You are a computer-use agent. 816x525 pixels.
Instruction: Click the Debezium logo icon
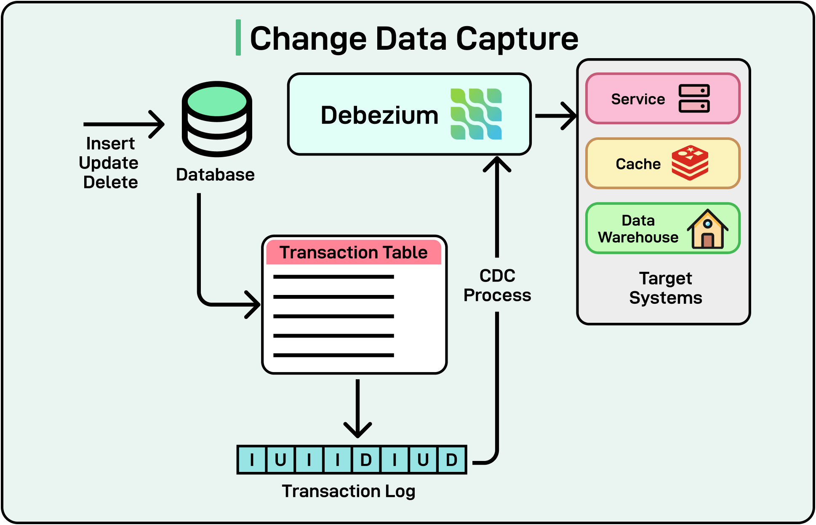[476, 114]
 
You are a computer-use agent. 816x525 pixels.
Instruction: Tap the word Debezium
[379, 115]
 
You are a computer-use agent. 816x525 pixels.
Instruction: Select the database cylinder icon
[217, 119]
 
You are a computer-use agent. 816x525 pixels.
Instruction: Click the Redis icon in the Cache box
[690, 163]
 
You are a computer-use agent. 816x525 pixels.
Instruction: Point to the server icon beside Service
[694, 99]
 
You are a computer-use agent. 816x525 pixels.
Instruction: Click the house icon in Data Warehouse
[707, 230]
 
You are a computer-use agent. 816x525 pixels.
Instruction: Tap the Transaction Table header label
[354, 252]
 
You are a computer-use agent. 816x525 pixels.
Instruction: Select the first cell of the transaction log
[252, 460]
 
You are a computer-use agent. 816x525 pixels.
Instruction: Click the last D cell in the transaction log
[451, 460]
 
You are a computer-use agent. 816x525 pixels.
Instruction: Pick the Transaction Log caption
[348, 491]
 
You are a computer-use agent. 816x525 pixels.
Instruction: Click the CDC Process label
[497, 286]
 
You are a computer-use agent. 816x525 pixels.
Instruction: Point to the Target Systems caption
[665, 288]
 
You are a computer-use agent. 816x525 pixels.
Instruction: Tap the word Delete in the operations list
[110, 182]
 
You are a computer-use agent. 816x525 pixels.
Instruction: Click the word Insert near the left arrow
[110, 143]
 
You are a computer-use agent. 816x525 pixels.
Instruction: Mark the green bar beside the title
[238, 37]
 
